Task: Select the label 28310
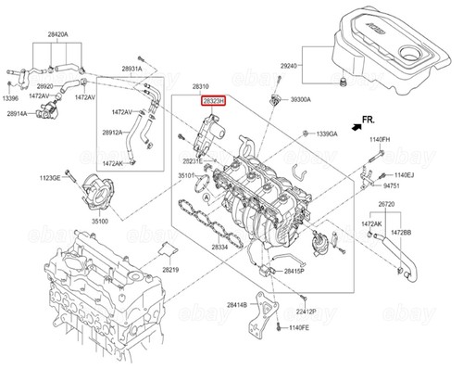click(215, 84)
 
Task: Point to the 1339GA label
click(328, 134)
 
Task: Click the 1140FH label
click(382, 140)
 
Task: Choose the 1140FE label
click(299, 328)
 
